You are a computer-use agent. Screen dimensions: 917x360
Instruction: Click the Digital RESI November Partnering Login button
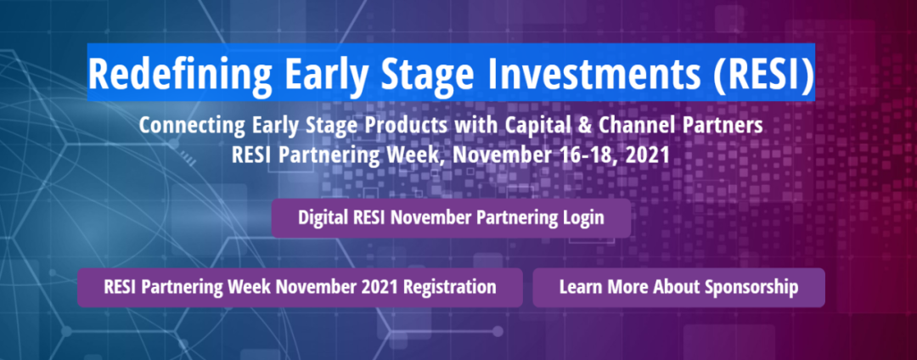[x=451, y=218]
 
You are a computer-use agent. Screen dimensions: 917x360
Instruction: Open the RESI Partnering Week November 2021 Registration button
[x=300, y=288]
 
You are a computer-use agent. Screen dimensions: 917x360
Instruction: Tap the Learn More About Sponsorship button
[x=678, y=288]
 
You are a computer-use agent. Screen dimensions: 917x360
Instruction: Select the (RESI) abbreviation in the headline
[x=763, y=74]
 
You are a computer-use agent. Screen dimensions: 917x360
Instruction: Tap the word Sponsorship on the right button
[x=751, y=288]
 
